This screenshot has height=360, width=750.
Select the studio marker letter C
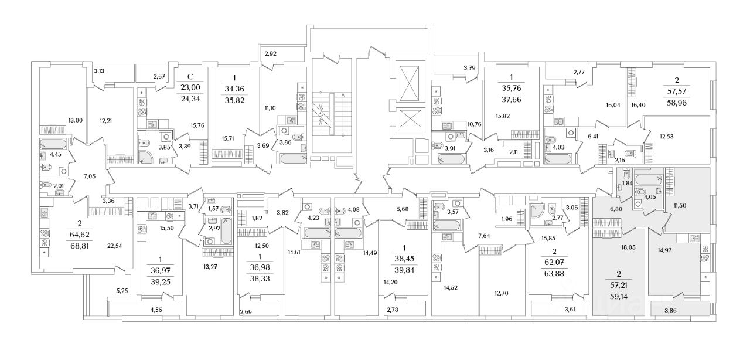coord(189,76)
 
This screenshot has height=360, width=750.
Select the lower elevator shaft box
coord(407,119)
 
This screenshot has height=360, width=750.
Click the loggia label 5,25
coord(122,290)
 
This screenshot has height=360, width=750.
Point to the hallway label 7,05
coord(89,175)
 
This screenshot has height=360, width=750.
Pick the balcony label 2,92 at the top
coord(270,54)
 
